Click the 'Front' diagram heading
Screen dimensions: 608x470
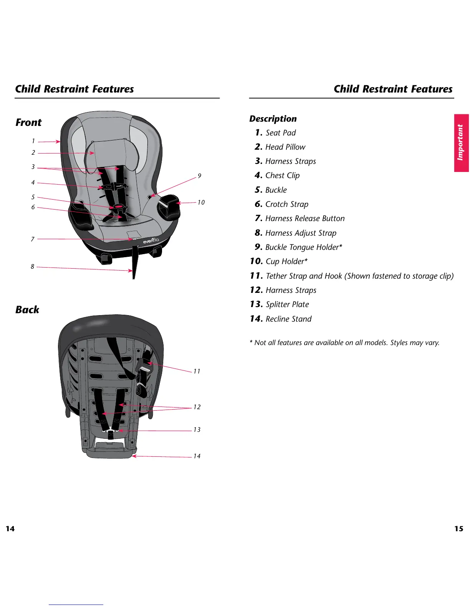tap(28, 122)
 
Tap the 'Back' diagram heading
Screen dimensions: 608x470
tap(27, 310)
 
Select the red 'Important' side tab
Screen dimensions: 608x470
tap(461, 142)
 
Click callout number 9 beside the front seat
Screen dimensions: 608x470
tap(199, 176)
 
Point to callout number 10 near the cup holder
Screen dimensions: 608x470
tap(201, 202)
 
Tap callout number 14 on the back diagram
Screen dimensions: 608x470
tap(197, 456)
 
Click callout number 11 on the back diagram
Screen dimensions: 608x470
tap(197, 371)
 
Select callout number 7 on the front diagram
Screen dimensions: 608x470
tap(33, 239)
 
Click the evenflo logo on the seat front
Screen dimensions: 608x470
tap(151, 241)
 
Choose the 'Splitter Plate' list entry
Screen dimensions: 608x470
tap(280, 304)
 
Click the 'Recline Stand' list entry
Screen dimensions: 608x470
tap(281, 319)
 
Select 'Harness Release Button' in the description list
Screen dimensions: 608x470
tap(300, 218)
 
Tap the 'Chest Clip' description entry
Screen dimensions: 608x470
tap(277, 175)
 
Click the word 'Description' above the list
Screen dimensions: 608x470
tap(273, 119)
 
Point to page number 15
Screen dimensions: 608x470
tap(458, 529)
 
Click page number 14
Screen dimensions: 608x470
tap(10, 529)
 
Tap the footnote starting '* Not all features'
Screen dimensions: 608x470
tap(344, 342)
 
